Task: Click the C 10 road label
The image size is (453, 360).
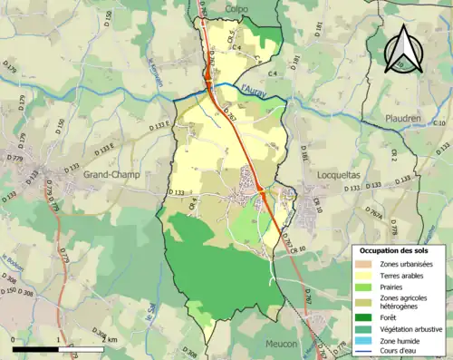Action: click(x=439, y=122)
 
